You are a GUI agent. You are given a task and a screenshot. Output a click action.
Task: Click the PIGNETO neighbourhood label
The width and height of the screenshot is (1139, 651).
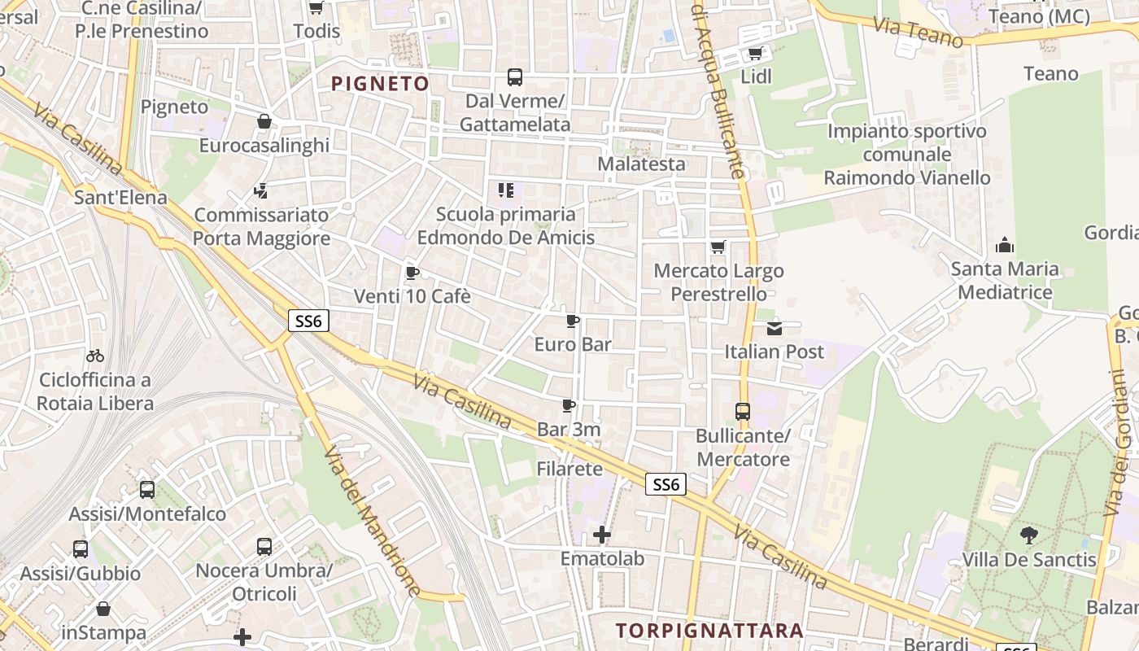pos(380,84)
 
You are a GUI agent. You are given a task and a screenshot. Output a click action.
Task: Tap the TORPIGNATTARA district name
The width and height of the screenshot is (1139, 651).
pos(709,631)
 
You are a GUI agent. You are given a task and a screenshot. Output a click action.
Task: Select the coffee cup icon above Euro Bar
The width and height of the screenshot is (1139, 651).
pos(573,321)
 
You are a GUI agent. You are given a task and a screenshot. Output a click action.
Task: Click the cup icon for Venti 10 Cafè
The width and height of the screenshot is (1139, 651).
pos(412,273)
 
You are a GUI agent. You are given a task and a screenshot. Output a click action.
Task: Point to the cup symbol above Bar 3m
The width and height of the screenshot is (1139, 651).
pos(569,405)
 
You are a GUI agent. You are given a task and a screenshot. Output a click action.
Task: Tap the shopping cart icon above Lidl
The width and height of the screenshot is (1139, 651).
pos(755,54)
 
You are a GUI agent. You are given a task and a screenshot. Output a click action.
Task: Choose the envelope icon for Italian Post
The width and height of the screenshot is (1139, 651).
pos(774,329)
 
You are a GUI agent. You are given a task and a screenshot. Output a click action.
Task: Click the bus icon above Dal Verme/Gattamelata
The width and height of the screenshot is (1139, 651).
pos(515,77)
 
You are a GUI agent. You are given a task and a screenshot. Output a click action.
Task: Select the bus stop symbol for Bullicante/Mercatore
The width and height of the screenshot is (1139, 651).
pos(743,412)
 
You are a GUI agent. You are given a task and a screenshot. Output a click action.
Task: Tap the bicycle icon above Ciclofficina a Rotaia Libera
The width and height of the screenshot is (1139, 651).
pos(95,356)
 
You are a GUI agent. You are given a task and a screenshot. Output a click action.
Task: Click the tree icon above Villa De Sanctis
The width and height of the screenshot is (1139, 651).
pos(1029,535)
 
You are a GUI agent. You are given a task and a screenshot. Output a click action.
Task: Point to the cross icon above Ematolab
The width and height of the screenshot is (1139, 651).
pos(602,535)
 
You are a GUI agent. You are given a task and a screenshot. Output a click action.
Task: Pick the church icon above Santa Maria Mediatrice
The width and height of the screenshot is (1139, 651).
pos(1006,245)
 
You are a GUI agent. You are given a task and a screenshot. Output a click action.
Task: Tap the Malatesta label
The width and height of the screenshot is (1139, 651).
pos(641,164)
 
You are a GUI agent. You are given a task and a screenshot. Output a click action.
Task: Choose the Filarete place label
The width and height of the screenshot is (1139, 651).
pos(569,469)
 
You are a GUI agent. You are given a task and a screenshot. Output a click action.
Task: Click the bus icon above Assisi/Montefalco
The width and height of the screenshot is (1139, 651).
pos(147,490)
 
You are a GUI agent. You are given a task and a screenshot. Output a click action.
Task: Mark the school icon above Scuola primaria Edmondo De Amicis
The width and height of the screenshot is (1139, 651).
pos(506,190)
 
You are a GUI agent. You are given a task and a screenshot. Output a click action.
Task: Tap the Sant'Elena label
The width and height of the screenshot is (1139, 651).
pos(120,197)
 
